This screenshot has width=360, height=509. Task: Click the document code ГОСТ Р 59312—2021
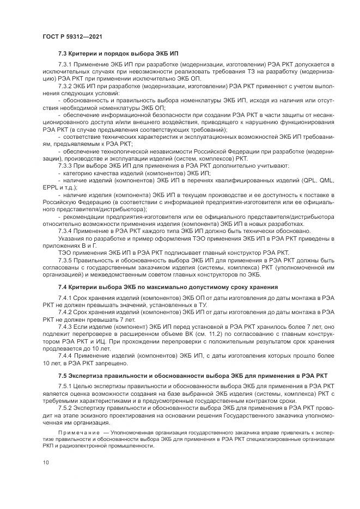[x=72, y=37]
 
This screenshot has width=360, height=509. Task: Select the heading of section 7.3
[x=117, y=54]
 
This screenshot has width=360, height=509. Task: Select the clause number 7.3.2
[x=65, y=87]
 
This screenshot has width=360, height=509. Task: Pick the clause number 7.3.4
[x=65, y=230]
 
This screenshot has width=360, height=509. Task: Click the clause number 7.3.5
[x=65, y=260]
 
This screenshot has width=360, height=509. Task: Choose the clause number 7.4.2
[x=65, y=312]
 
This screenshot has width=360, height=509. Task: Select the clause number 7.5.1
[x=65, y=387]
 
